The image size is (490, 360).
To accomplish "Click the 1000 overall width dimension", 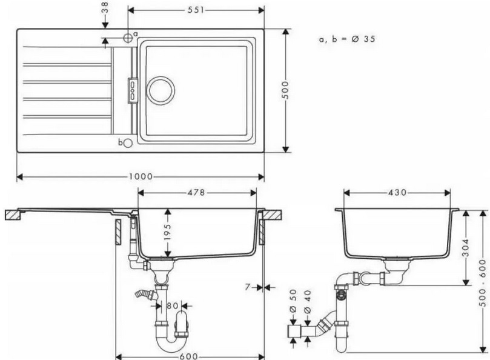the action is click(141, 177).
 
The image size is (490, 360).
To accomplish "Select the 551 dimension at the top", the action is click(196, 10).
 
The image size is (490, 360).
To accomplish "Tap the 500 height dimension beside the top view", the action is click(285, 90).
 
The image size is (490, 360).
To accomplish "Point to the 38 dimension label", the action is click(105, 7).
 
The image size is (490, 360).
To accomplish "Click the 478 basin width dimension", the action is click(196, 193).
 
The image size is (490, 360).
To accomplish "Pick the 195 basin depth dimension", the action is click(168, 232).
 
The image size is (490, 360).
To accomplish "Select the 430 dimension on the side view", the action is click(397, 193).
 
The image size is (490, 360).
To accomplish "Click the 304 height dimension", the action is click(466, 248).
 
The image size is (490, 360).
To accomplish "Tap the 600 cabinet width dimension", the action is click(189, 356).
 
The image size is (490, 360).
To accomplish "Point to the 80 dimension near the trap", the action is click(172, 305).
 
